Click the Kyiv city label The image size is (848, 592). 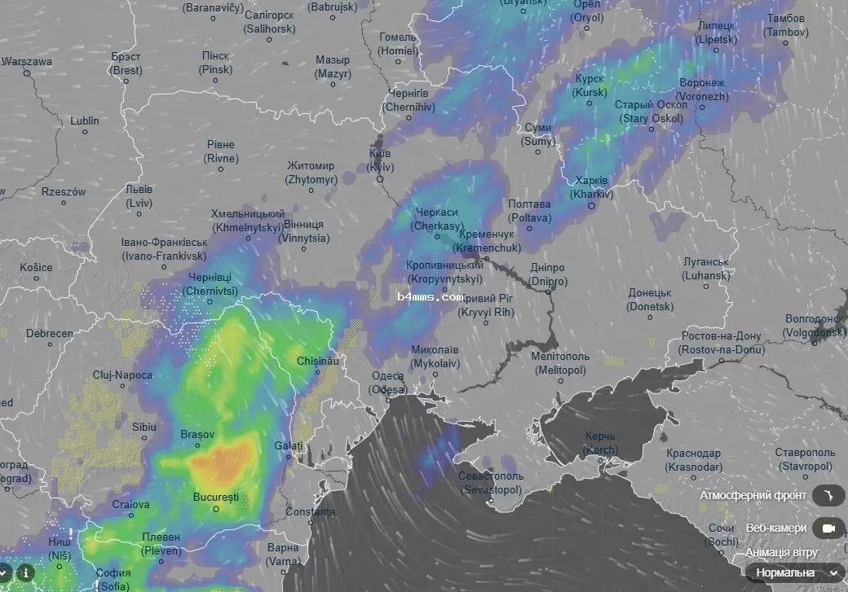pyautogui.click(x=380, y=160)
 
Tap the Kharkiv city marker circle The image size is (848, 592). pyautogui.click(x=592, y=205)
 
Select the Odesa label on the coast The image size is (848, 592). pyautogui.click(x=387, y=383)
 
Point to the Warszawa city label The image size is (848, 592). pyautogui.click(x=27, y=61)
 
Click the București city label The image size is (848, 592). pyautogui.click(x=216, y=497)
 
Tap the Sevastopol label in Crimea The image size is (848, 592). pyautogui.click(x=488, y=483)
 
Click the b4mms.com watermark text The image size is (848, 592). pyautogui.click(x=431, y=297)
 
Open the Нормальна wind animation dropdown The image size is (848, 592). pyautogui.click(x=793, y=572)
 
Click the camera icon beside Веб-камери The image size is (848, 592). pyautogui.click(x=828, y=528)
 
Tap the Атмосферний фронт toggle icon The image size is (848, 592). pyautogui.click(x=828, y=495)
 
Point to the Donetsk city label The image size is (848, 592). pyautogui.click(x=650, y=300)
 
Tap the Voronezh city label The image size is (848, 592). pyautogui.click(x=702, y=90)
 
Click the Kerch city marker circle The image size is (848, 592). pyautogui.click(x=601, y=461)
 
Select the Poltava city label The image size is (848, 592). pyautogui.click(x=529, y=211)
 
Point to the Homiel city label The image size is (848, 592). pyautogui.click(x=398, y=44)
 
